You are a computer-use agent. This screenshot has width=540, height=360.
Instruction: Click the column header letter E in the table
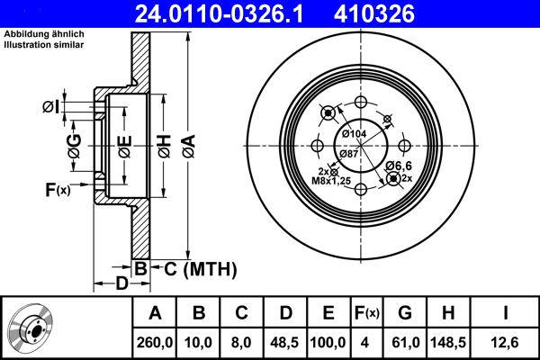(x=328, y=312)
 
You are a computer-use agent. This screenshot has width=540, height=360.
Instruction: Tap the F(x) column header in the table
(x=367, y=312)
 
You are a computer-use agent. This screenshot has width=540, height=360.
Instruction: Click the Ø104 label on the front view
(x=355, y=134)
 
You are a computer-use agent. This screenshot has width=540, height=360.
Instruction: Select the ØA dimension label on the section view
(x=188, y=143)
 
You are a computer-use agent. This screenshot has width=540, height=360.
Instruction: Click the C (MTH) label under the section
(x=193, y=268)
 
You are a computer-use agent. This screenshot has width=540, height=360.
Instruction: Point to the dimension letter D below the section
(x=121, y=285)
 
